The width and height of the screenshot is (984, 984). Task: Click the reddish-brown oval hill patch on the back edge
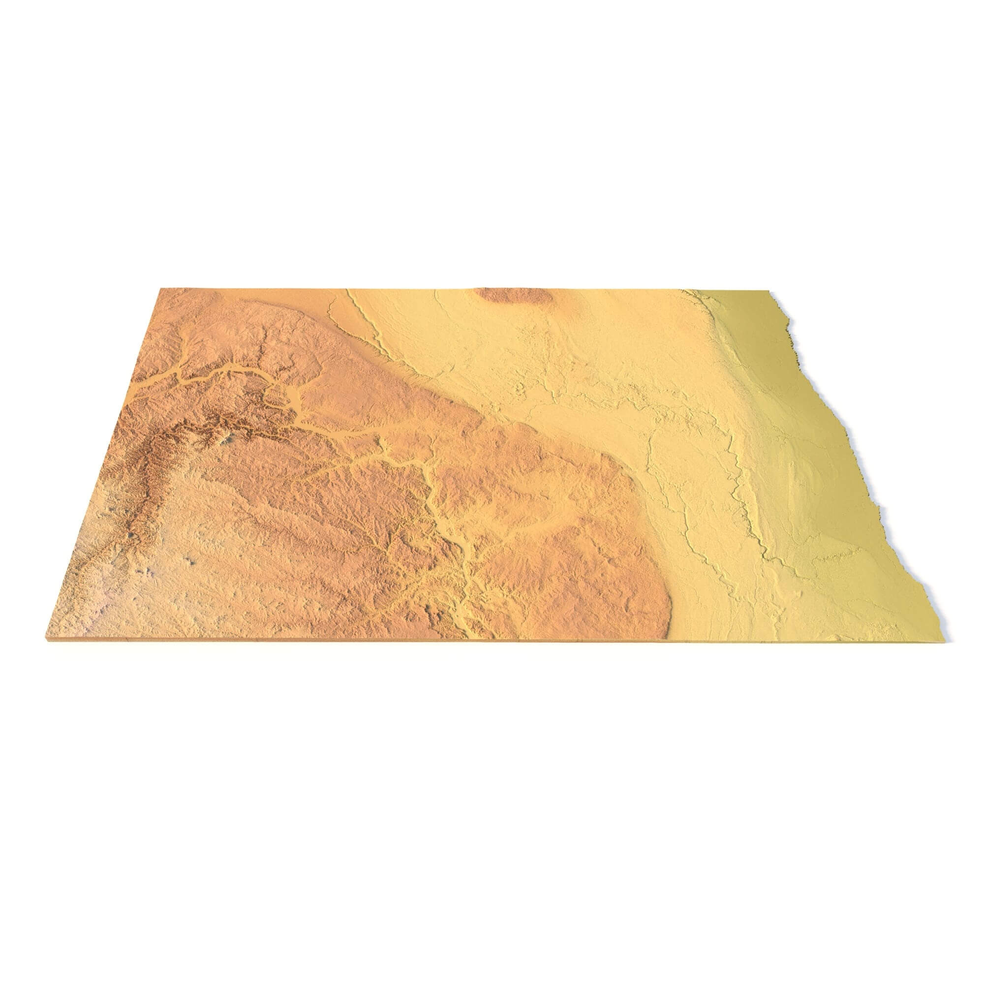click(512, 295)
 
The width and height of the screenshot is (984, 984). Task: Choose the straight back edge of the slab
click(407, 289)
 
